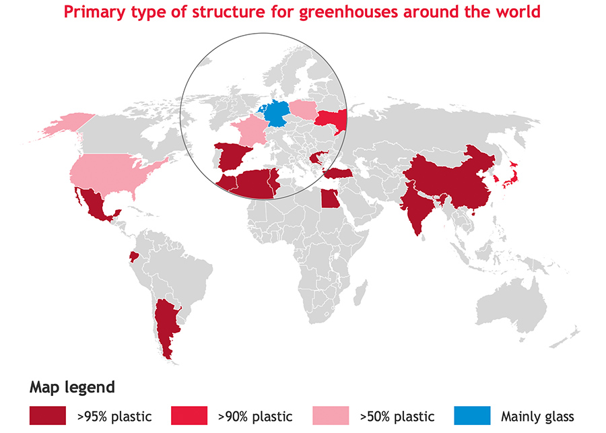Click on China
coord(458,178)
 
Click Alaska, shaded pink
coord(57,125)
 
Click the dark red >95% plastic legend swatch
coord(47,415)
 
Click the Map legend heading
coord(72,387)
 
